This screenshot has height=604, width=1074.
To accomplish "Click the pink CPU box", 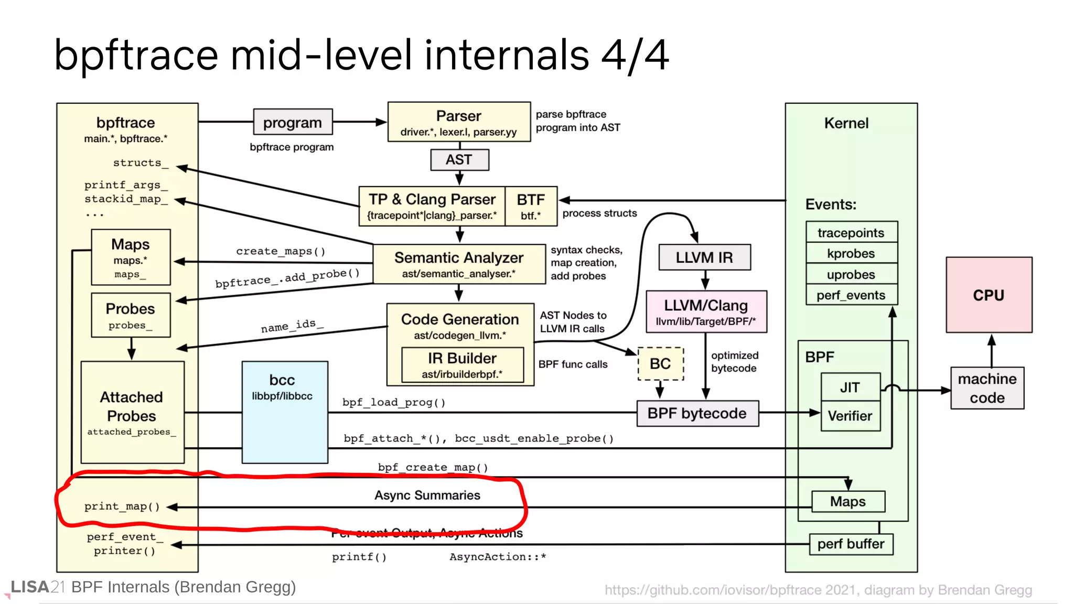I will point(989,295).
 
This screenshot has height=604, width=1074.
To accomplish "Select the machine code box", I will point(987,388).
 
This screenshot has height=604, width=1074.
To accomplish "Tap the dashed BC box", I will point(660,363).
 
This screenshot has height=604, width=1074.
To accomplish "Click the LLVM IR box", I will point(704,257).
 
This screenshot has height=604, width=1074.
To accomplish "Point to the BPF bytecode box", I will point(697,413).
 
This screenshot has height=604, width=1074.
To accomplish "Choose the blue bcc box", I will point(285,412).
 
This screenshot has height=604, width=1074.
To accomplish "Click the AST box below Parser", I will point(459,160).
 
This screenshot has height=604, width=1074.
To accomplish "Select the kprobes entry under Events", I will point(851,253).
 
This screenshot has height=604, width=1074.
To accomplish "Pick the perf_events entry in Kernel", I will point(851,295).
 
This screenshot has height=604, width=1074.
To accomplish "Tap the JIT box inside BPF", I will point(850,387).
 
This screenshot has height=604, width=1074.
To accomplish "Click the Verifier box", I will point(850,416).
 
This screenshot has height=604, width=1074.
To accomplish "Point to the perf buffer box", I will point(851,544).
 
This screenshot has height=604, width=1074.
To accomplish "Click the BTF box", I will point(531,206).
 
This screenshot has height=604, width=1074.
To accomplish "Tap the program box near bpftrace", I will point(292,122).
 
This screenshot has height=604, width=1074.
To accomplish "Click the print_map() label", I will point(122,506).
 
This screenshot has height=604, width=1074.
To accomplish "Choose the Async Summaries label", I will point(427,495).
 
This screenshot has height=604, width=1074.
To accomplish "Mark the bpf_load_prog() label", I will point(394,402).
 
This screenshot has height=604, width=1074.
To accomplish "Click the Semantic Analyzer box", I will point(459,264).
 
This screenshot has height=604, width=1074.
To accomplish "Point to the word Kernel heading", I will point(846,123).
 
